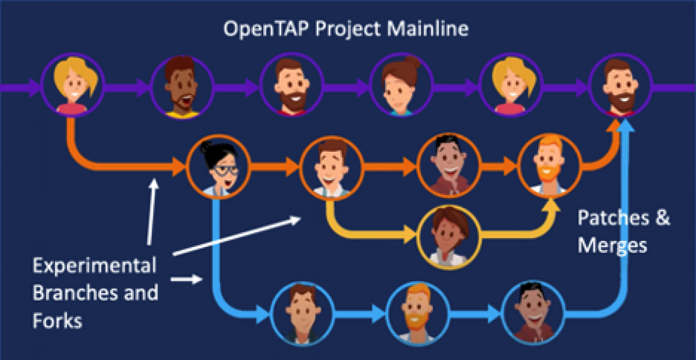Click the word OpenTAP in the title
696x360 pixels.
coord(266,29)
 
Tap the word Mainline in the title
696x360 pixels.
coord(427,29)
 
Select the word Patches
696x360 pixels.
coord(613,218)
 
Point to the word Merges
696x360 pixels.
coord(612,246)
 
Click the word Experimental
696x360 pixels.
coord(95,266)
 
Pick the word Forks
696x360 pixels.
coord(58,320)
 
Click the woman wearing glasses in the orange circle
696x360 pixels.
coord(218,167)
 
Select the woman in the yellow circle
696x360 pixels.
coord(449,237)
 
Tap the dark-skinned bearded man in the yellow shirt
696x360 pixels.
coord(182,86)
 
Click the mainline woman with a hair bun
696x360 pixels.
coord(401,85)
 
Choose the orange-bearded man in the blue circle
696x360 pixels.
coord(418,313)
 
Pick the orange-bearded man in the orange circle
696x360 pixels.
coord(550,166)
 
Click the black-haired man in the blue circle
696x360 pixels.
coord(533,313)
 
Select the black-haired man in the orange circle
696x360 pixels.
coord(449,165)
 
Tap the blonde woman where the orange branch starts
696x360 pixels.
coord(73,85)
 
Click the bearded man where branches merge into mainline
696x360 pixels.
coord(620,85)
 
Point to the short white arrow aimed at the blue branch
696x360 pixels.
coord(187,279)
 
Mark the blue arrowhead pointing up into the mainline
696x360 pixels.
coord(625,126)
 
